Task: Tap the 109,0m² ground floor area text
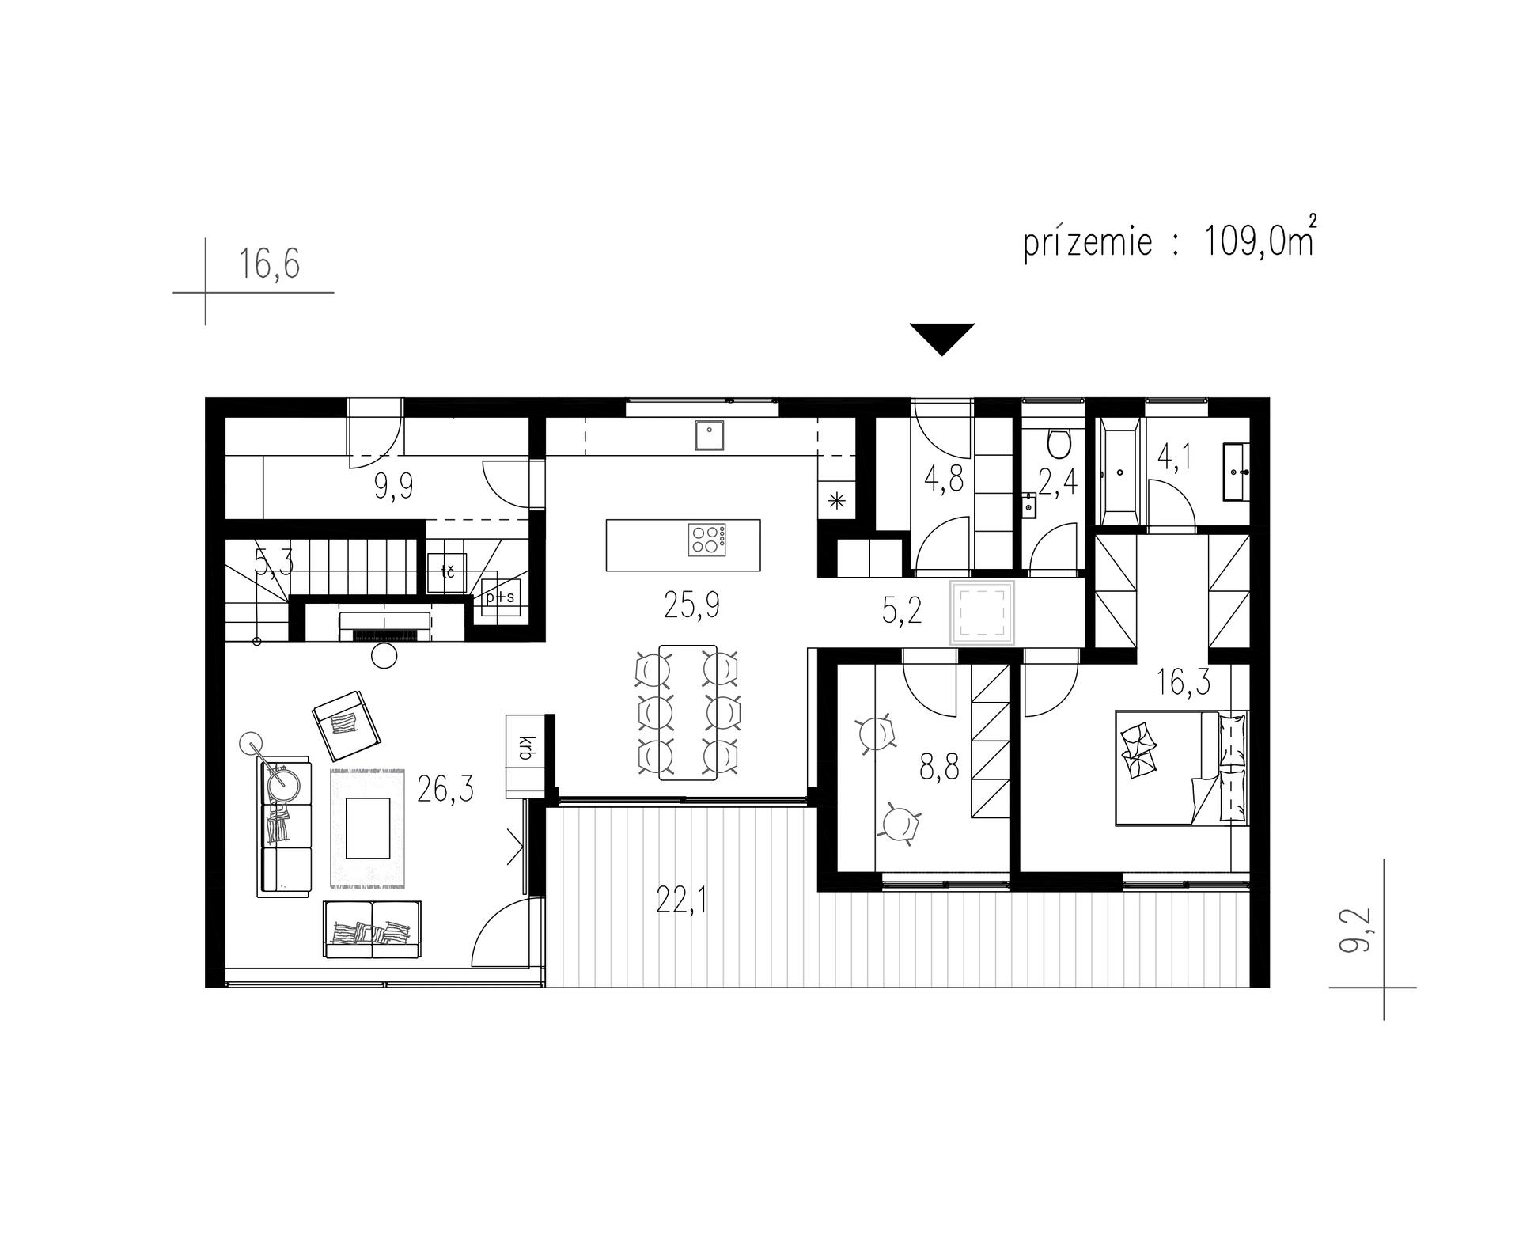point(1259,241)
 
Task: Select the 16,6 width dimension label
point(271,264)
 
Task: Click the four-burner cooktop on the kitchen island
point(710,540)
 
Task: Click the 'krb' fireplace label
point(524,749)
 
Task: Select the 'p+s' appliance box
point(500,597)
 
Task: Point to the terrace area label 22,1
point(681,899)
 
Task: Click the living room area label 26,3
point(446,789)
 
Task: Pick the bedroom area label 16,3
point(1184,681)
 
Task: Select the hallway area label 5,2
point(903,611)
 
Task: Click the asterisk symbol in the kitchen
point(836,499)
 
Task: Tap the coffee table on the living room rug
point(369,828)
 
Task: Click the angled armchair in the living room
point(348,725)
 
